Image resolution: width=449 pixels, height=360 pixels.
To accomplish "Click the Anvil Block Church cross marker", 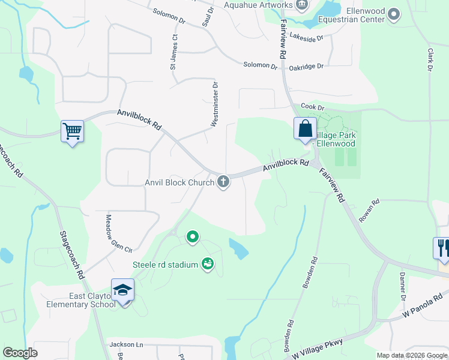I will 223,181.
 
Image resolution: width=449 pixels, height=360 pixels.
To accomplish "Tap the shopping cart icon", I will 72,131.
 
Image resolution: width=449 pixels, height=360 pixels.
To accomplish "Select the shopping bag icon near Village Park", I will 305,128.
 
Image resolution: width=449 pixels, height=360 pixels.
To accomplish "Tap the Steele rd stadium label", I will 165,265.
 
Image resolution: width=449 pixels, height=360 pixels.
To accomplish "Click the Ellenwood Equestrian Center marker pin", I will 394,14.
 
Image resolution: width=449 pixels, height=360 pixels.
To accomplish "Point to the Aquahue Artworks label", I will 258,5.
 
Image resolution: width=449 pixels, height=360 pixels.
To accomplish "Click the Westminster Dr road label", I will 214,105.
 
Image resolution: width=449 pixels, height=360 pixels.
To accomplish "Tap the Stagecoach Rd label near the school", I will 71,255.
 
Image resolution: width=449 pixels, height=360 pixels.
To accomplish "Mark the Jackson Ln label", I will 127,344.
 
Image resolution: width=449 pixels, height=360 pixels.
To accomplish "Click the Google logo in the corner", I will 20,353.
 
